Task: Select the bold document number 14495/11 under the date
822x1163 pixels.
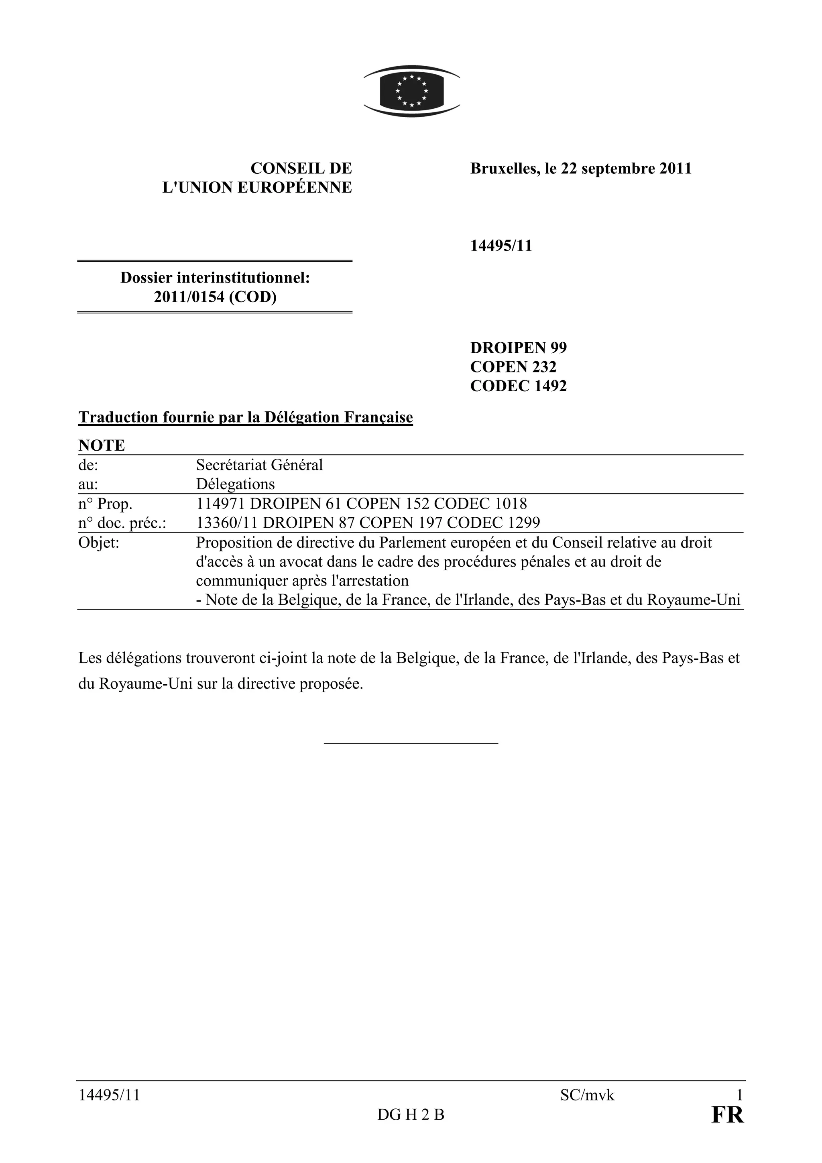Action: (x=501, y=246)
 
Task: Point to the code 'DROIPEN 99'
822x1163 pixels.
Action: (x=518, y=348)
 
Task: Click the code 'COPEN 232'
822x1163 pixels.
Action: (x=513, y=367)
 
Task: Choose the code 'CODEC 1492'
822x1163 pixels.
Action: (x=518, y=386)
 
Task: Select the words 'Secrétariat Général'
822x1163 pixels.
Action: (x=259, y=465)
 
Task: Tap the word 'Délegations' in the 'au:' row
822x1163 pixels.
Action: (x=235, y=484)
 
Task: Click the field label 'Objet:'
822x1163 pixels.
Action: (x=99, y=543)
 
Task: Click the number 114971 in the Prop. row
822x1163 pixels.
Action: (x=221, y=504)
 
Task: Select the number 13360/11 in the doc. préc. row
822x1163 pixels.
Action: (x=228, y=523)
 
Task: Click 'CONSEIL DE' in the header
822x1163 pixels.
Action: (x=301, y=169)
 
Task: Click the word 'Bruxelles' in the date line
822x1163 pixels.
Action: (x=503, y=169)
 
